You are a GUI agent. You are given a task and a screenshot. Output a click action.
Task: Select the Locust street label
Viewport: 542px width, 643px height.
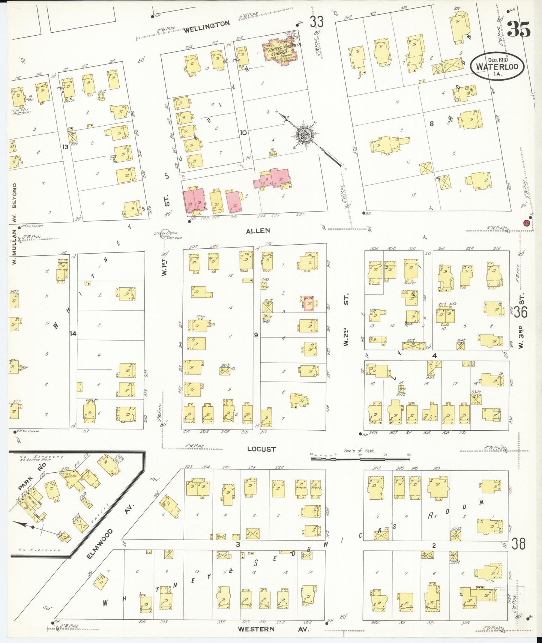[261, 449]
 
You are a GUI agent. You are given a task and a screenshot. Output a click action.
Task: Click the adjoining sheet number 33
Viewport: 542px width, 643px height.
[316, 22]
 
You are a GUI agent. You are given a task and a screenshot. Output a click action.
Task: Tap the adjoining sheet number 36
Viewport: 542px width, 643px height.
[521, 312]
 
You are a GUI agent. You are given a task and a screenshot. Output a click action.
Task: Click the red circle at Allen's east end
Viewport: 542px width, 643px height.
[526, 223]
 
